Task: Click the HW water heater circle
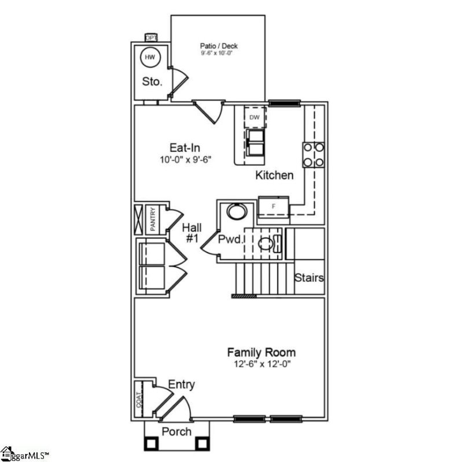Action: pyautogui.click(x=150, y=57)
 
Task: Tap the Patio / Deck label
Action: pyautogui.click(x=219, y=46)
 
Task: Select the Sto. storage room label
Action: pyautogui.click(x=152, y=82)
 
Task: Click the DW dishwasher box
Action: pyautogui.click(x=255, y=118)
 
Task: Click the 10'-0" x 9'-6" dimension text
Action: pyautogui.click(x=185, y=159)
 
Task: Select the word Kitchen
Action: pyautogui.click(x=274, y=175)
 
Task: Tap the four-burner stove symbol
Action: pyautogui.click(x=313, y=155)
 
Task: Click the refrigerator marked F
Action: pyautogui.click(x=273, y=205)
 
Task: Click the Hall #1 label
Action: pyautogui.click(x=191, y=232)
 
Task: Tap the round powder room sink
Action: pyautogui.click(x=236, y=211)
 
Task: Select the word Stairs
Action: pyautogui.click(x=309, y=278)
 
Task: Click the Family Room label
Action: pyautogui.click(x=261, y=352)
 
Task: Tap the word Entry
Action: pyautogui.click(x=182, y=385)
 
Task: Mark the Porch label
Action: pyautogui.click(x=176, y=432)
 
